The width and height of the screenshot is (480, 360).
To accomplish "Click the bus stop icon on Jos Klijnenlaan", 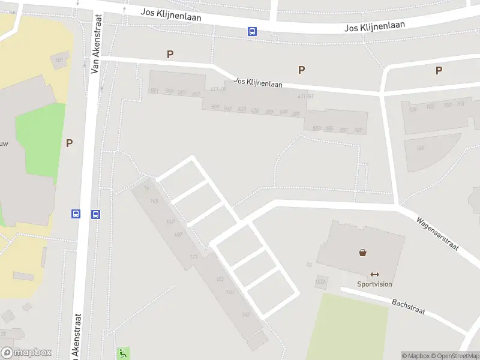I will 253,32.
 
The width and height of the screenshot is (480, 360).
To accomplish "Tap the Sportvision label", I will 375,284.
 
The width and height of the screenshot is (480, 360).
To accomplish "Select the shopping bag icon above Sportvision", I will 363,253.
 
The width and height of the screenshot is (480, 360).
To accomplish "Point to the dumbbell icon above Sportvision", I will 375,274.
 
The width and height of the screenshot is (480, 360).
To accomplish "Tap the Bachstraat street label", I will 408,307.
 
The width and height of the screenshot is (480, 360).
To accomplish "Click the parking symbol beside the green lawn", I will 69,143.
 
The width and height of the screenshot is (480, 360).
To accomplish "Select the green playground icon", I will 123,353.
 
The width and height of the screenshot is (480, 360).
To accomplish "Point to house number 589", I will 358,130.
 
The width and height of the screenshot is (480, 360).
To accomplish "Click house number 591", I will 154,91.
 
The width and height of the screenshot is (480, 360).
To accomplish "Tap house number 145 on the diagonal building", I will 155,200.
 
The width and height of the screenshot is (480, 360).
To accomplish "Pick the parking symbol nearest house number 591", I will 170,55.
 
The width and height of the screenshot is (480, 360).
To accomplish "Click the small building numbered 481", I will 59,60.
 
